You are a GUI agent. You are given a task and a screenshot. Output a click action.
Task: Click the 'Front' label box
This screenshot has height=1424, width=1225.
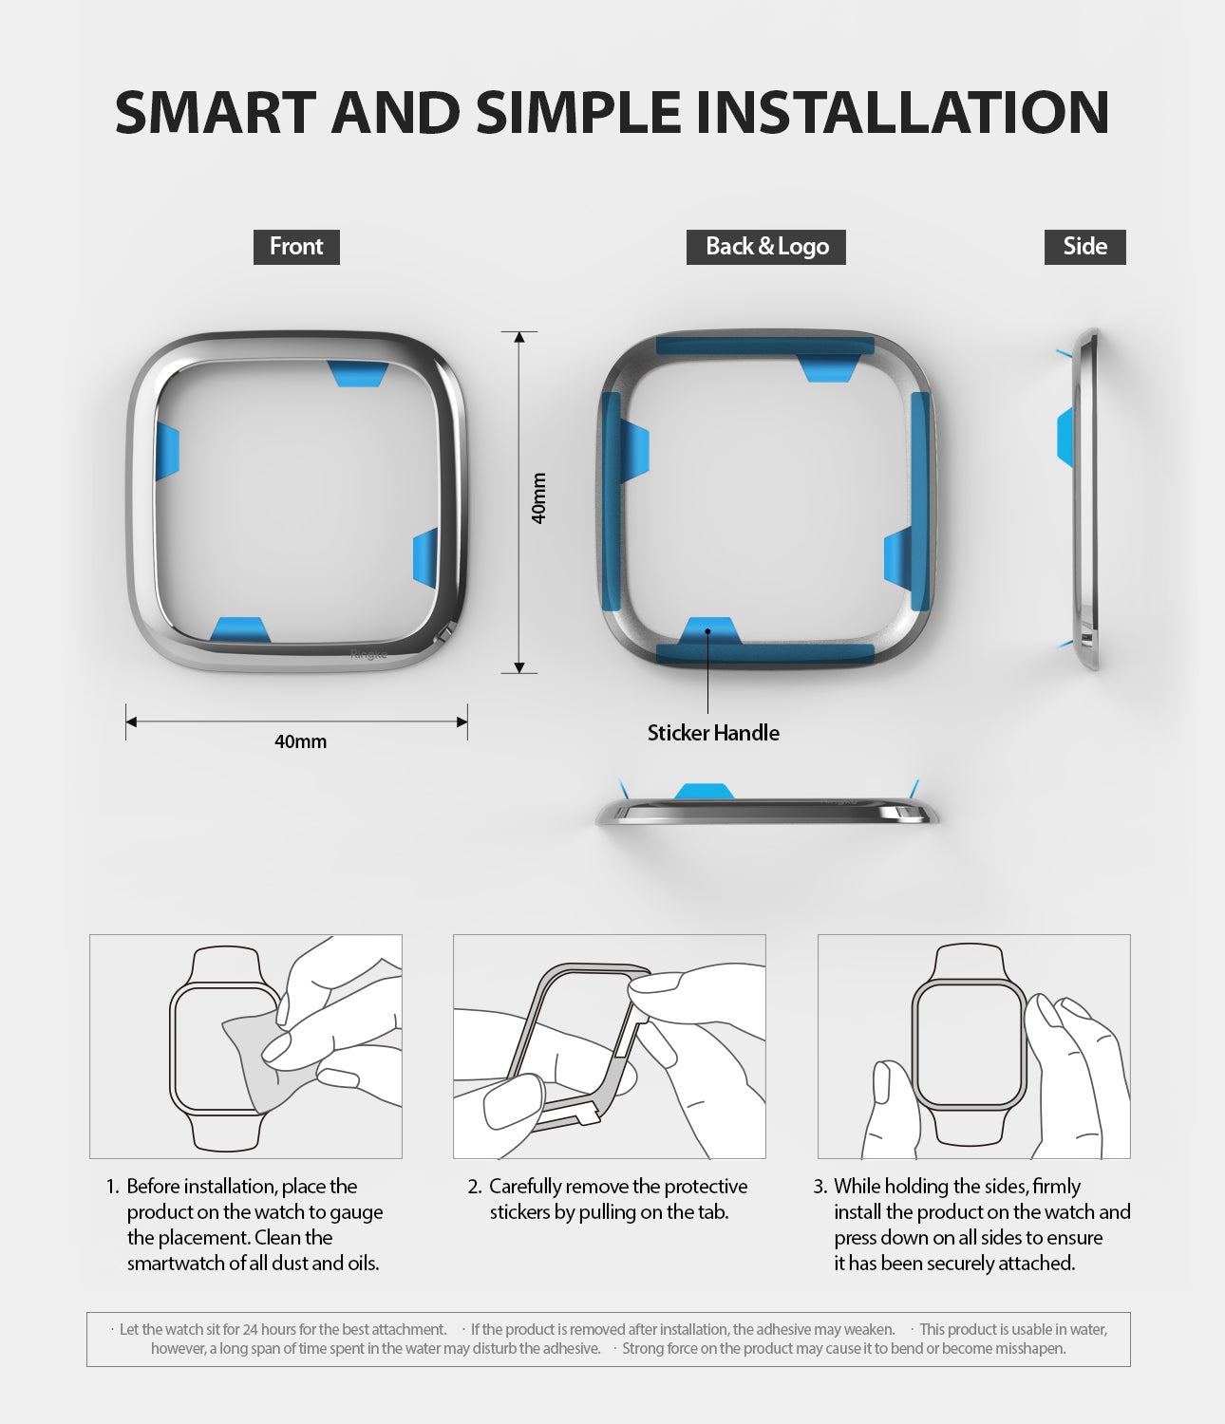point(296,247)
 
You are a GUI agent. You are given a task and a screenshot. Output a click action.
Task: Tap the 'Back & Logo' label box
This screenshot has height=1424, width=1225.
point(765,247)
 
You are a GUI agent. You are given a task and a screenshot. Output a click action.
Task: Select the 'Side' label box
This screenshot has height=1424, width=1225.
point(1084,247)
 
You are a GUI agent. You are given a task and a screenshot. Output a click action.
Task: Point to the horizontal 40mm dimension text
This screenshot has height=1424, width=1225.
point(300,741)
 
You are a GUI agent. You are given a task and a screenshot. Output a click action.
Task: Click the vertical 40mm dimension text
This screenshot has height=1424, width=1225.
point(538,498)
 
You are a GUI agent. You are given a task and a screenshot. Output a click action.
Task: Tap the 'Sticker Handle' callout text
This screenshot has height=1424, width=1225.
point(713,733)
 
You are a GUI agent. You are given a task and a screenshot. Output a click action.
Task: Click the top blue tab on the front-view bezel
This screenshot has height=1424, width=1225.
point(357,373)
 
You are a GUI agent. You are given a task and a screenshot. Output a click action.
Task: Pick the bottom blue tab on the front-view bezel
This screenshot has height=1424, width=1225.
point(239,629)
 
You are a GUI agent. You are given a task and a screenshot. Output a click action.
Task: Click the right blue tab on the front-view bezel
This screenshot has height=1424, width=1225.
point(425,557)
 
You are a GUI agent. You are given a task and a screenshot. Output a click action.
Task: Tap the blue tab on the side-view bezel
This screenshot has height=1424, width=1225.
point(1065,437)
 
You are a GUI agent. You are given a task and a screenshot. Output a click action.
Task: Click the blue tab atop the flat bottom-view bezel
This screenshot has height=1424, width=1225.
point(704,791)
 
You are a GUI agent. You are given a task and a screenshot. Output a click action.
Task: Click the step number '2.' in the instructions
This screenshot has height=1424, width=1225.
point(475,1187)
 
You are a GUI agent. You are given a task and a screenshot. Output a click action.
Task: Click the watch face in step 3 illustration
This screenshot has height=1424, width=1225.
point(969,1044)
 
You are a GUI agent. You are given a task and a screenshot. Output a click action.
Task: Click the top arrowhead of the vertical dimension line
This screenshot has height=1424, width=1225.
point(518,337)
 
